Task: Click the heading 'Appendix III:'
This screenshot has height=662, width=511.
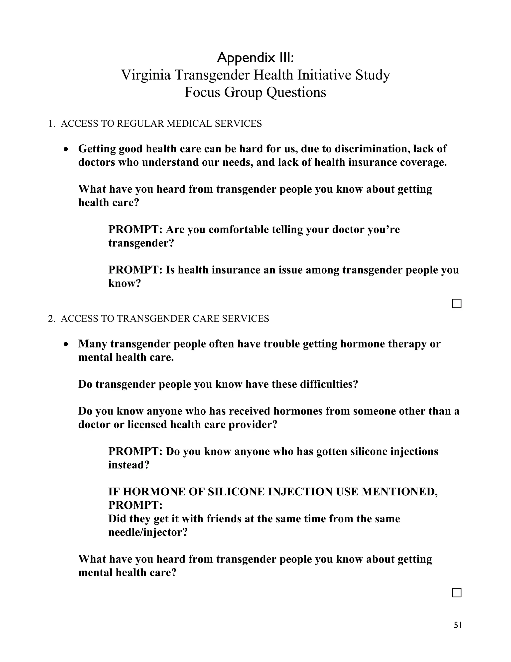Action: pyautogui.click(x=255, y=58)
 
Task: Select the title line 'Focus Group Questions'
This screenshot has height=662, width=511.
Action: pyautogui.click(x=255, y=92)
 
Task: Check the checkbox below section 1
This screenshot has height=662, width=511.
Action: pyautogui.click(x=457, y=304)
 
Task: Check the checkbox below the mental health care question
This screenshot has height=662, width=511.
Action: pyautogui.click(x=457, y=593)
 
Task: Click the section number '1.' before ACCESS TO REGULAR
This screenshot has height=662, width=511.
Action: pyautogui.click(x=52, y=124)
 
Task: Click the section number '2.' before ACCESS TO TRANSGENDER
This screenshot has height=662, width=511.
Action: pyautogui.click(x=52, y=319)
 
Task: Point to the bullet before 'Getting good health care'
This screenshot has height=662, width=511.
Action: pyautogui.click(x=66, y=149)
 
